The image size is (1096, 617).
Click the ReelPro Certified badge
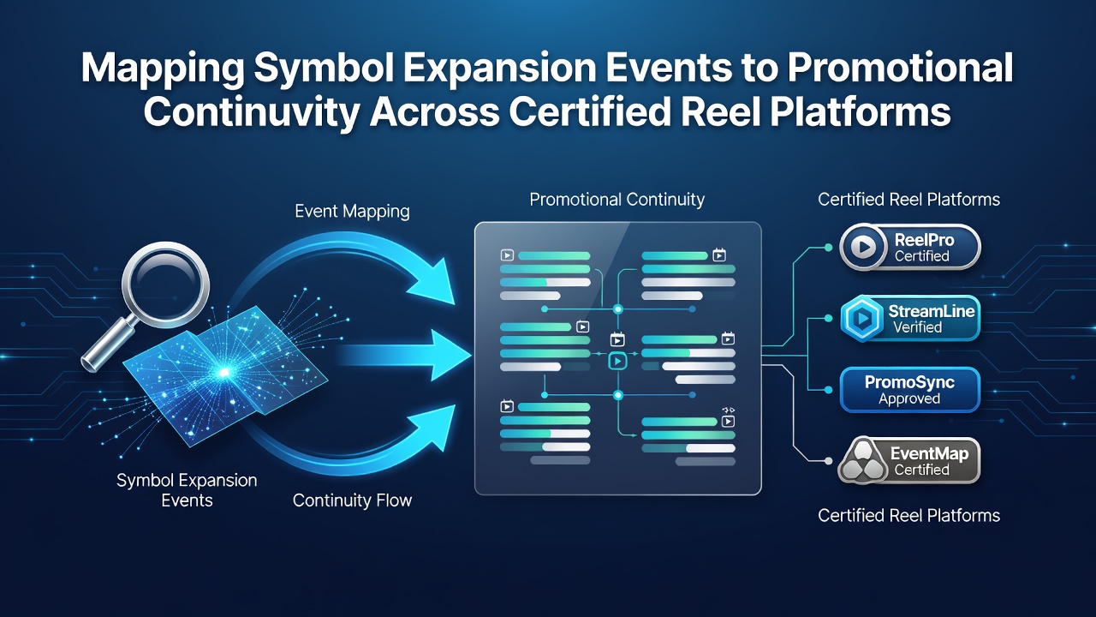pos(910,247)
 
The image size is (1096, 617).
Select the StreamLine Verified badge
pos(910,318)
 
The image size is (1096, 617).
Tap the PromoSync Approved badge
pos(910,390)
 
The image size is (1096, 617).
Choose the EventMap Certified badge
pos(909,461)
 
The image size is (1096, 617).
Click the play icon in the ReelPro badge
pos(864,247)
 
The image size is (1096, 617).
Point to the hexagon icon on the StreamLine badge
pos(861,318)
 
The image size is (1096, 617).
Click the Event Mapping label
pos(352,212)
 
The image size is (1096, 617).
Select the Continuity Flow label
pos(352,500)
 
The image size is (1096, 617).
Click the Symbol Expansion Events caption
pos(187,490)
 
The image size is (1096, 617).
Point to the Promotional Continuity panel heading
pos(617,200)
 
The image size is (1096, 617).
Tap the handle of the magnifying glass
pos(109,344)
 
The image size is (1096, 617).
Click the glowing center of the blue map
pos(224,373)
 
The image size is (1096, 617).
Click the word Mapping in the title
pos(162,69)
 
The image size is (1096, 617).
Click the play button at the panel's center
pos(618,362)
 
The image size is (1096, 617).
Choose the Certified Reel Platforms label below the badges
pos(909,516)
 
